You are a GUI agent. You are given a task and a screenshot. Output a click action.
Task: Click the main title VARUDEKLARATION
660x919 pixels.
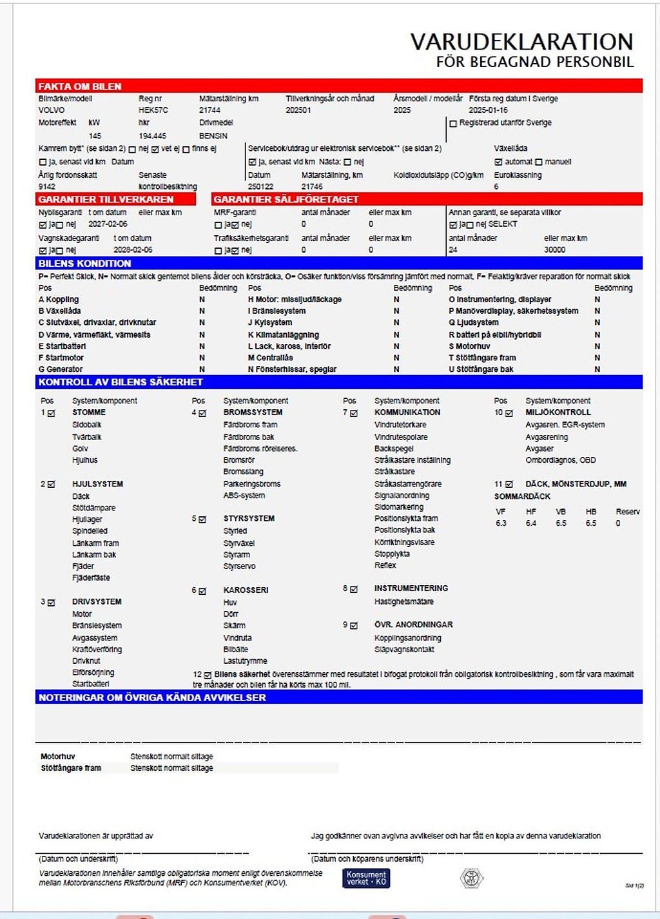click(521, 42)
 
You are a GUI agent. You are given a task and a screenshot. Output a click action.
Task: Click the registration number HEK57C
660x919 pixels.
click(153, 110)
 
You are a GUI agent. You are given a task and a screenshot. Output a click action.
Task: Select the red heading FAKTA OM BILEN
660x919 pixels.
click(80, 86)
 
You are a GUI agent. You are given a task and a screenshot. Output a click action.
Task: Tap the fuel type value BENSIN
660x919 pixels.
click(213, 136)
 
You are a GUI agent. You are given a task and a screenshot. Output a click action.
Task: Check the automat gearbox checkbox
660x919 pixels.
click(498, 162)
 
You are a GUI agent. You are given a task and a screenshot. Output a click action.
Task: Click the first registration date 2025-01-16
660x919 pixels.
click(488, 110)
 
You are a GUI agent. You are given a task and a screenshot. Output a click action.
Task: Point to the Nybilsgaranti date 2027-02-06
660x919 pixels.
click(108, 224)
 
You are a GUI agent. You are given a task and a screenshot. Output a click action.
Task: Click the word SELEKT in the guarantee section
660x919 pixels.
click(503, 224)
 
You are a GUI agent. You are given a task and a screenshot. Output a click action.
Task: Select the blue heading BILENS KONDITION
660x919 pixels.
click(84, 264)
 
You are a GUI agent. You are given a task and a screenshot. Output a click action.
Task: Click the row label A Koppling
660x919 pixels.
click(59, 300)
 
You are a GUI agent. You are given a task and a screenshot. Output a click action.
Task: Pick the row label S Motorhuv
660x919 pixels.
click(469, 346)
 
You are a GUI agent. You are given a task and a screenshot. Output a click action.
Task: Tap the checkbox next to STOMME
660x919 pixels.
click(52, 413)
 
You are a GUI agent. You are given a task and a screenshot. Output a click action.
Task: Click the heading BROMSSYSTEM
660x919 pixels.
click(253, 412)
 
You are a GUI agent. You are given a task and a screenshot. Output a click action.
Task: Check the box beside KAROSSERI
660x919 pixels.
click(202, 591)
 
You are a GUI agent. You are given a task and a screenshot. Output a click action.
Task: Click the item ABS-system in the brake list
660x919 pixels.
click(244, 496)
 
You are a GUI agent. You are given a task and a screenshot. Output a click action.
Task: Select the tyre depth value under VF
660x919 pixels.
click(501, 523)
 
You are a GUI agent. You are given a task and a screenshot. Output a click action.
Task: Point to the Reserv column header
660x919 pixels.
click(627, 512)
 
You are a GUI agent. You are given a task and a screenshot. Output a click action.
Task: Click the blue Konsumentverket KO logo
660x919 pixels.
click(366, 878)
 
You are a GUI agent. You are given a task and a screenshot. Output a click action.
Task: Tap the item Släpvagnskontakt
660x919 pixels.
click(404, 650)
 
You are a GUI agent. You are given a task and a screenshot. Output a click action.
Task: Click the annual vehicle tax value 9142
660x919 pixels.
click(47, 187)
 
